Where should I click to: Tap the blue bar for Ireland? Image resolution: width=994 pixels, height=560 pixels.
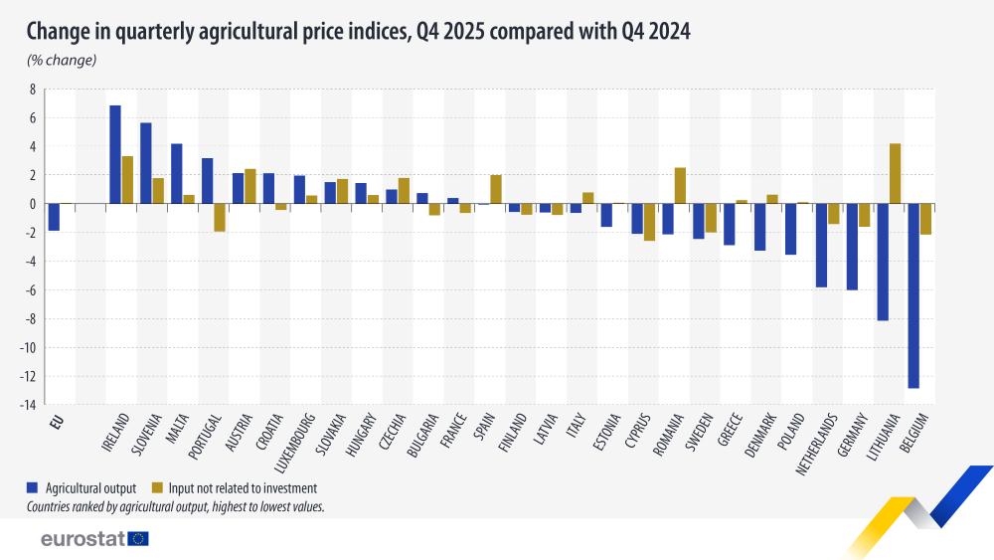coord(115,154)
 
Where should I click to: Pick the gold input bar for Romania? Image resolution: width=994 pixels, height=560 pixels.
coord(680,185)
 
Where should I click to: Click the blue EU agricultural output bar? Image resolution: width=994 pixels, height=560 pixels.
coord(54,217)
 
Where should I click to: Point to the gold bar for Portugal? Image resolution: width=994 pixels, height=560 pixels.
coord(220,217)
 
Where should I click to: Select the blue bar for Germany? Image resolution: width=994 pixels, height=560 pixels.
coord(852,247)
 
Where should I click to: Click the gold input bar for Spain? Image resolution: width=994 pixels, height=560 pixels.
coord(496,189)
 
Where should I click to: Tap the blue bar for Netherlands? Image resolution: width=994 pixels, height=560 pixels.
coord(821,245)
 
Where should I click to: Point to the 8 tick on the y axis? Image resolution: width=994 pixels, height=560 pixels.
coord(32,90)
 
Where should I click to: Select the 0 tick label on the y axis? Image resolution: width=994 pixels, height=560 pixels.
coord(32,204)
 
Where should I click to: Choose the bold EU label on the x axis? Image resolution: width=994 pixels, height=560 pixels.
coord(58,422)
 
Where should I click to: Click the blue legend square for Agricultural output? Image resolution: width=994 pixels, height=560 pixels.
coord(33,488)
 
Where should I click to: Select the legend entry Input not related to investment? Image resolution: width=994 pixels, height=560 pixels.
coord(235,488)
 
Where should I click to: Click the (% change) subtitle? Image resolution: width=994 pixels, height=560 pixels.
coord(61,61)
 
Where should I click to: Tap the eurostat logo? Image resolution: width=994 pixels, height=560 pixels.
coord(94,538)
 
